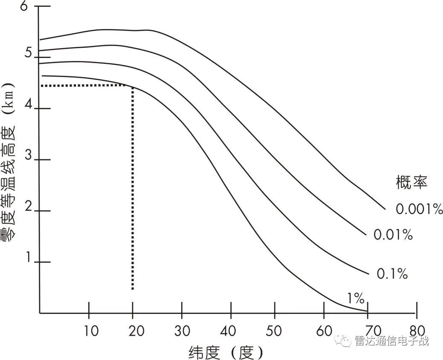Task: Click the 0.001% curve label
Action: pos(419,209)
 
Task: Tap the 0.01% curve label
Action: pos(393,234)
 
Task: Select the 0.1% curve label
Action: pos(392,274)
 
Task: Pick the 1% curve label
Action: pos(354,298)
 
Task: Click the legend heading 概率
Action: pos(411,183)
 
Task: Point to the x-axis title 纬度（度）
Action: pos(226,352)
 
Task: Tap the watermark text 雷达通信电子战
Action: pos(391,341)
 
